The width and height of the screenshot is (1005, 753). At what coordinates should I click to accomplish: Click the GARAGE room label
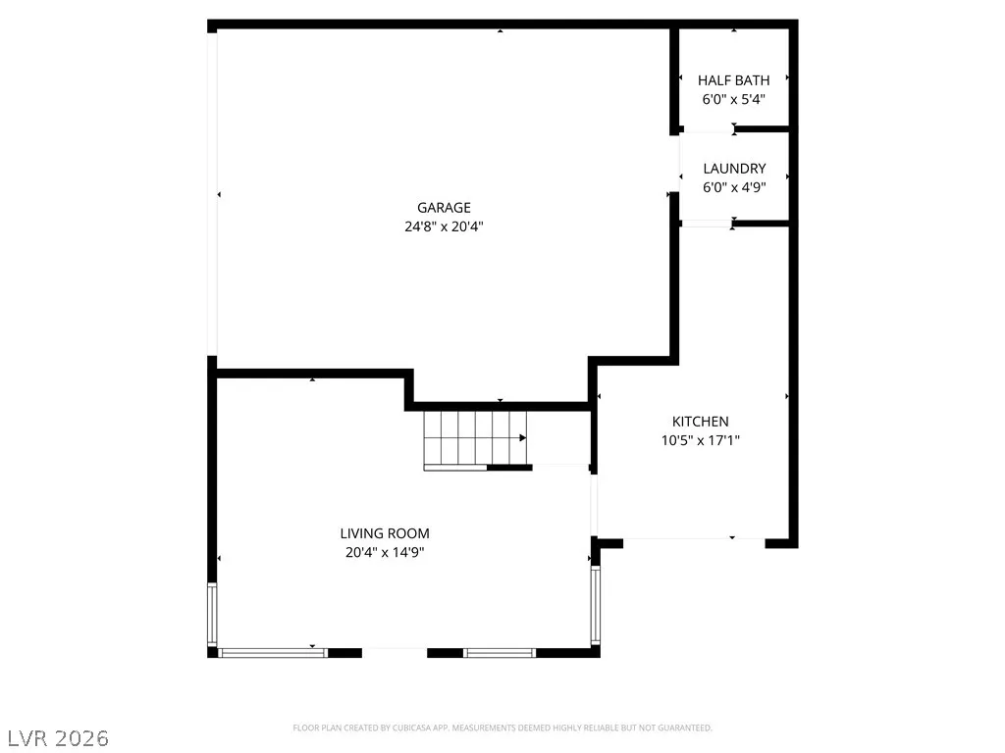444,208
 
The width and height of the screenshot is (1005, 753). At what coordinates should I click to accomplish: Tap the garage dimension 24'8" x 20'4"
444,226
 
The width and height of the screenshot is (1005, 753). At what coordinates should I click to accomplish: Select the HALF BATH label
733,80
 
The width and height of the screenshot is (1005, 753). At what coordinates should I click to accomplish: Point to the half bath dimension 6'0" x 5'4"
734,99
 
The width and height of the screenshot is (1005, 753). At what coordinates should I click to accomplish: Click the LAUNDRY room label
734,169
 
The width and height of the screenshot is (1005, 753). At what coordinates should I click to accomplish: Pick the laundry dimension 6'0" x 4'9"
734,187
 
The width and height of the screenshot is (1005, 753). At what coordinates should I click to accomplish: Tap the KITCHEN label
700,422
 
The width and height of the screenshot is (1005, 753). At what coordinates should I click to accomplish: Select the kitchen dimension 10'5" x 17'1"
700,440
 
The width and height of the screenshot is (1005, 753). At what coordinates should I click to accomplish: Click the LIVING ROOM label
385,533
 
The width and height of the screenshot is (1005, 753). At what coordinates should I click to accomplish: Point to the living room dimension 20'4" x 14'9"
385,552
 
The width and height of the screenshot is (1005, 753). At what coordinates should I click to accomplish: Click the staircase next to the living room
475,440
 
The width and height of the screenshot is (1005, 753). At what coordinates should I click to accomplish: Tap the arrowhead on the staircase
523,438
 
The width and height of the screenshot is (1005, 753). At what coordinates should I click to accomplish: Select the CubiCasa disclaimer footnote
502,728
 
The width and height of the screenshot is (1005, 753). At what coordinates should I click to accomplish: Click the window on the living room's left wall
212,614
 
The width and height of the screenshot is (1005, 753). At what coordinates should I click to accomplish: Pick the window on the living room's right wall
596,605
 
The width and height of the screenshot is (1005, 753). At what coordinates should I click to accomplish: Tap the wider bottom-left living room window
273,653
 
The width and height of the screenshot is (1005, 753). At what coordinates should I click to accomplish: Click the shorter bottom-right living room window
500,653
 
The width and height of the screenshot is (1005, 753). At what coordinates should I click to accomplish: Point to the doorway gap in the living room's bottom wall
395,653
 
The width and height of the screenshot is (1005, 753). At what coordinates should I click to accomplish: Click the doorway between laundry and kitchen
707,224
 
